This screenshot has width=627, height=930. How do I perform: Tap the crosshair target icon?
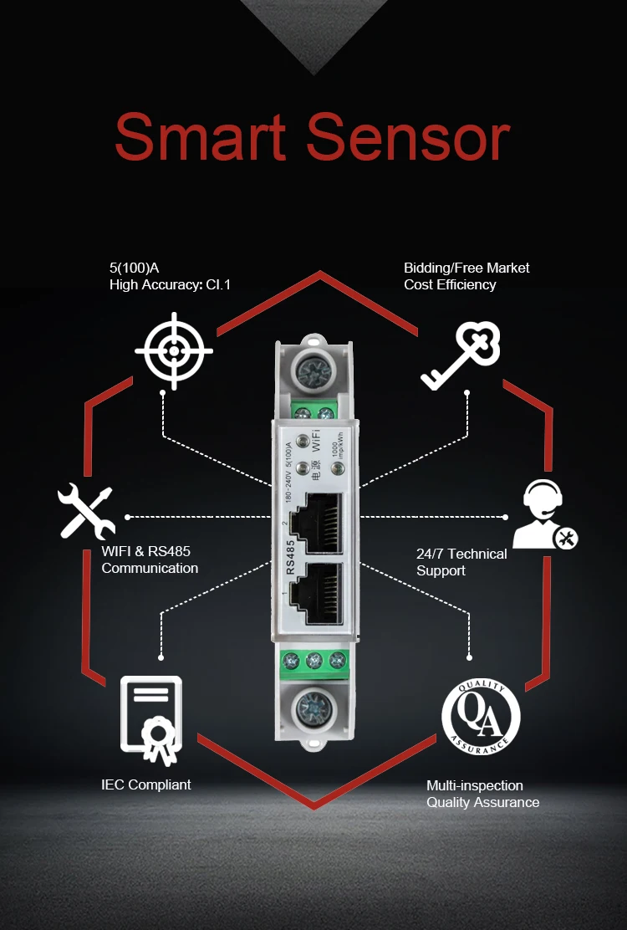coord(174,351)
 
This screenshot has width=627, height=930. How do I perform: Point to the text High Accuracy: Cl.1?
coord(170,285)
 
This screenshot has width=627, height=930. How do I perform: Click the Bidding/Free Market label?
coord(466,268)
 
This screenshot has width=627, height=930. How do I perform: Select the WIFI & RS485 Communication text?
coord(150,560)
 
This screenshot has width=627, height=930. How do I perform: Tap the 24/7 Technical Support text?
coord(461,562)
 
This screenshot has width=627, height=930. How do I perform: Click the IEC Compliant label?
coord(145,784)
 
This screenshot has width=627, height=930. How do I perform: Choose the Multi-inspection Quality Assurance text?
coord(482,794)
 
